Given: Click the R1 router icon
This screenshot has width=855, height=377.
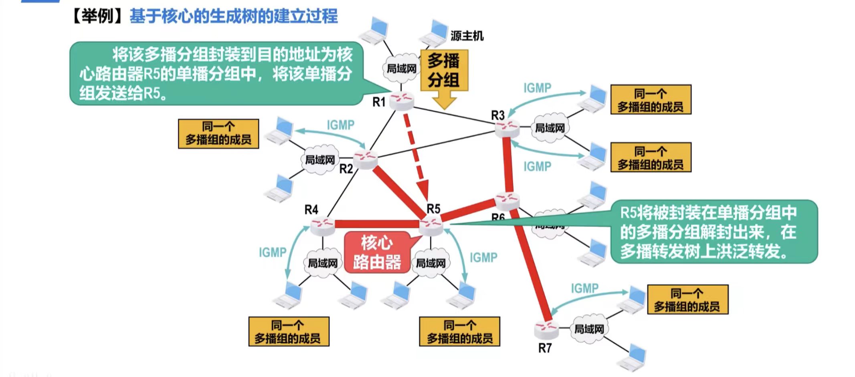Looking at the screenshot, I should click(401, 100).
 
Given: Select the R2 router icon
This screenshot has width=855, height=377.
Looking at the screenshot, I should click(365, 159).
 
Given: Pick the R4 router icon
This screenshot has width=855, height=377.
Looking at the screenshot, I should click(322, 226).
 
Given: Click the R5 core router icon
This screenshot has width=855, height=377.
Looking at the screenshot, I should click(431, 225).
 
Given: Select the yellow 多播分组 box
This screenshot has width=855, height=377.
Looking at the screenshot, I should click(444, 71).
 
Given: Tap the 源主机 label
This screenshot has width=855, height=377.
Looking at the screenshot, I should click(467, 36).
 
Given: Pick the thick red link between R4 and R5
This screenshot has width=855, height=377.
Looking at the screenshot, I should click(377, 224).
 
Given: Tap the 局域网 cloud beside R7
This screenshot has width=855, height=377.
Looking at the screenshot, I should click(589, 329).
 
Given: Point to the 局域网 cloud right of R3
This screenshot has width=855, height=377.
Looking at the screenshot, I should click(550, 128).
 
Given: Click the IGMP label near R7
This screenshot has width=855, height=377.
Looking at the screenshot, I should click(584, 288).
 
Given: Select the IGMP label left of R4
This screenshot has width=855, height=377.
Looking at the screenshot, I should click(273, 252).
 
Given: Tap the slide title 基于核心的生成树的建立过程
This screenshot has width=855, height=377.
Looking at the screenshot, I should click(234, 16).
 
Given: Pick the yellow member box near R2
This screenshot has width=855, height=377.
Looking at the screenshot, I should click(218, 134).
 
